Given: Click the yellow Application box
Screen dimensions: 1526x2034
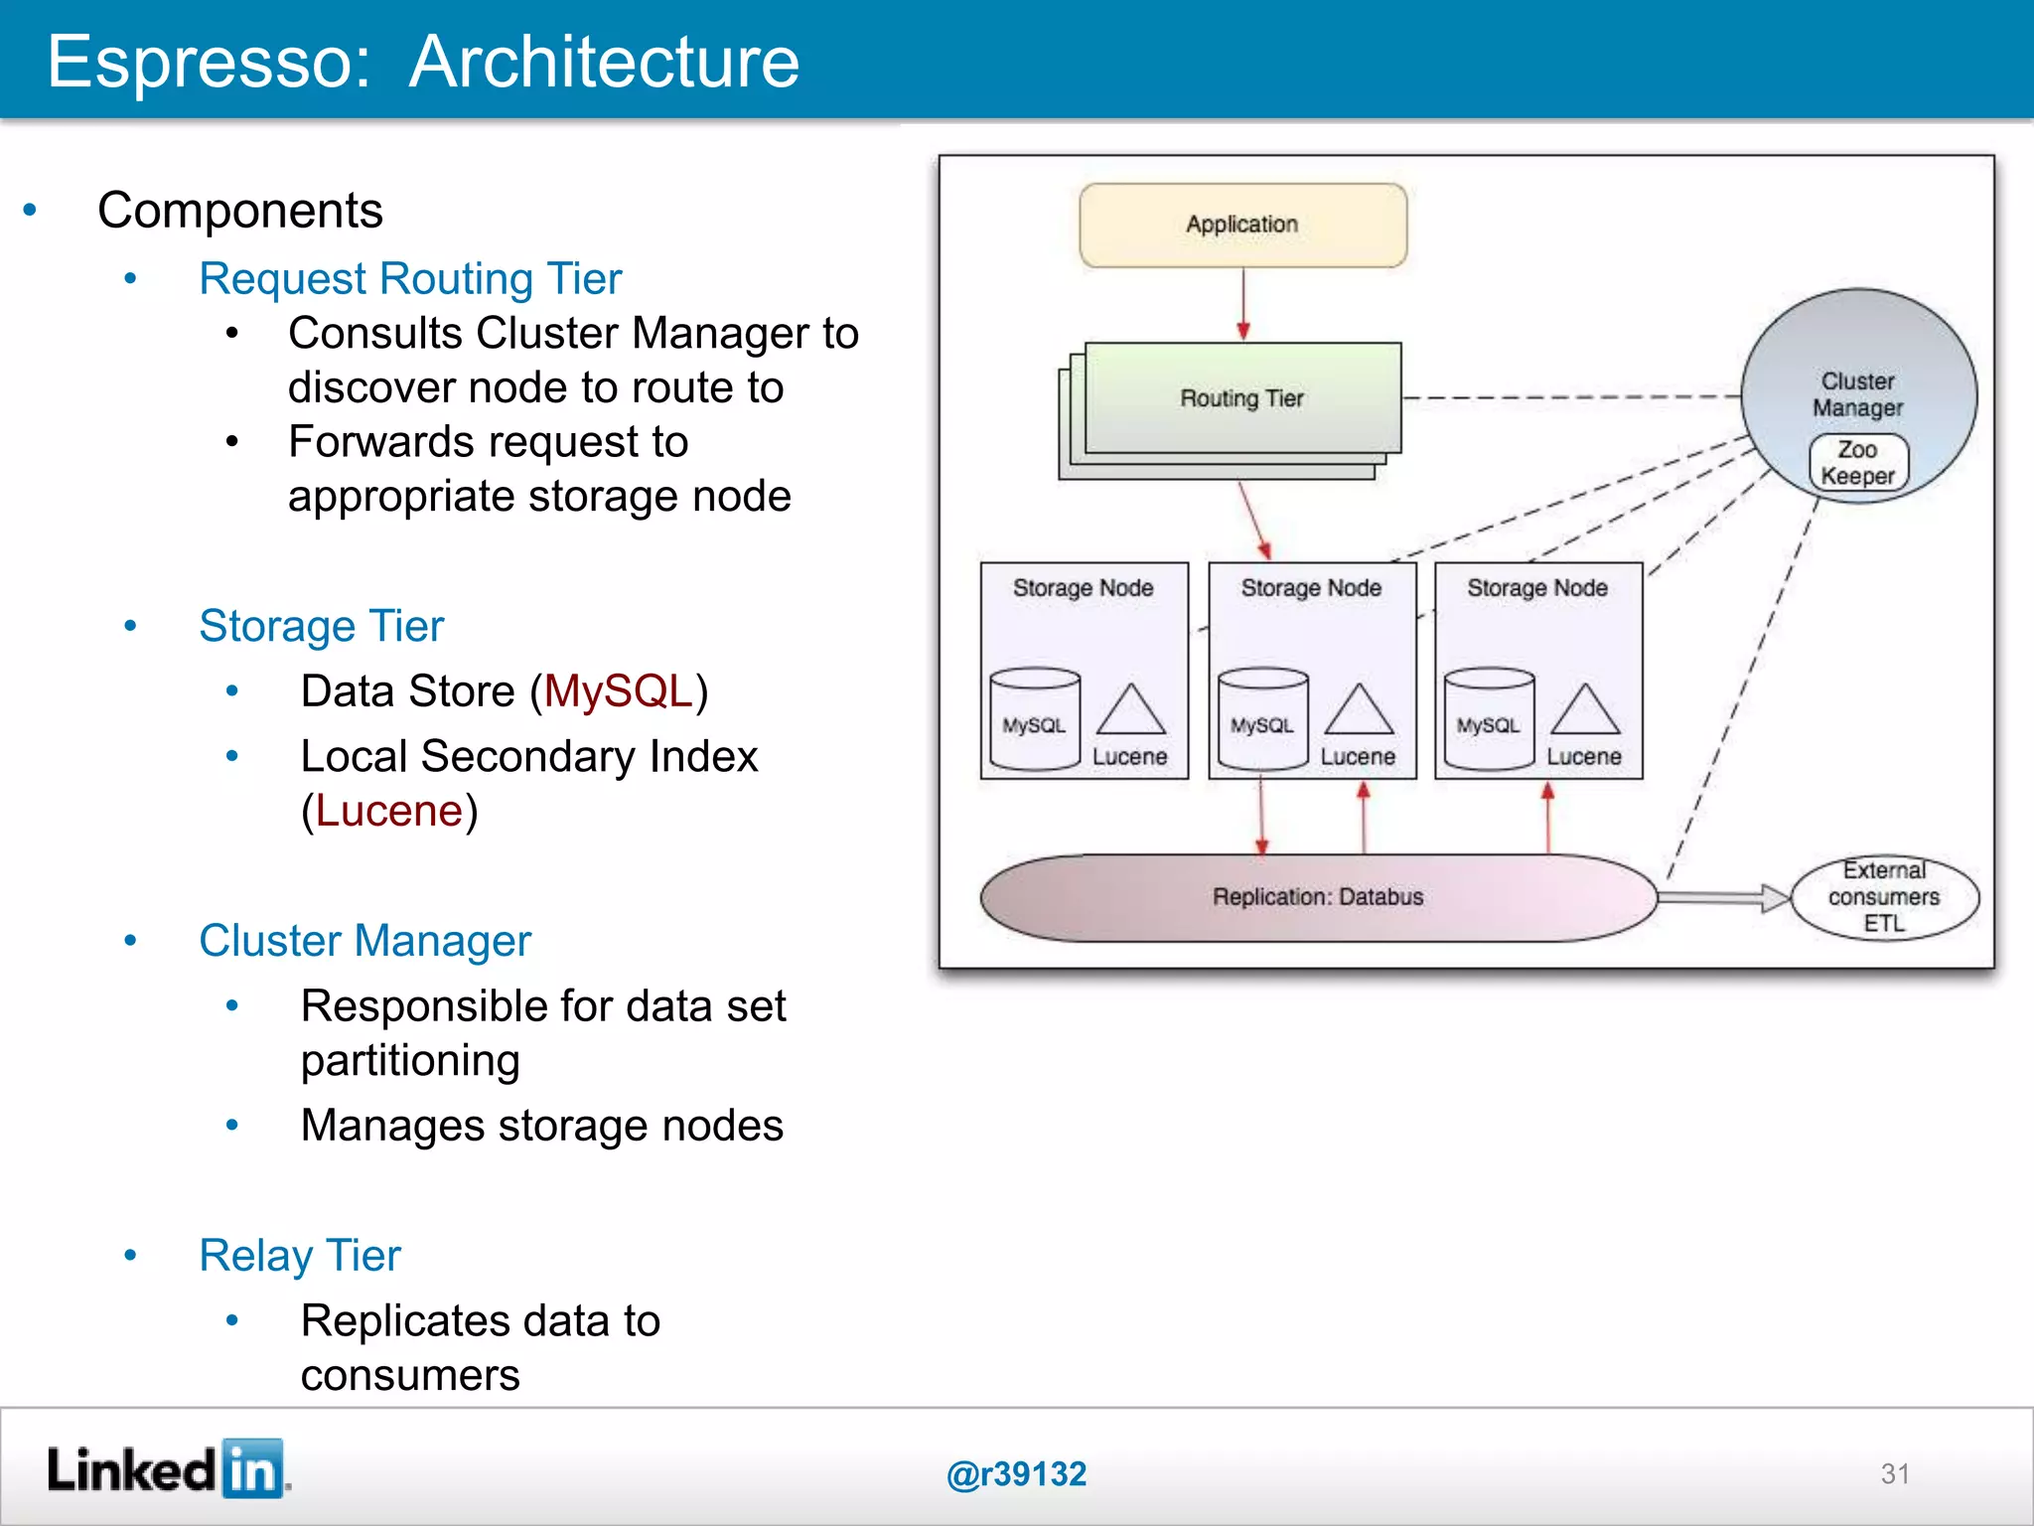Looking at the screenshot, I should click(x=1242, y=225).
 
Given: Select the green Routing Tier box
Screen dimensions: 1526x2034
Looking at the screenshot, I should click(x=1242, y=397).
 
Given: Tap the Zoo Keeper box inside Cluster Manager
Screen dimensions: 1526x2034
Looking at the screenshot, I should click(x=1857, y=463).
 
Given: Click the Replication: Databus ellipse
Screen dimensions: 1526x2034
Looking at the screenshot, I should click(x=1317, y=897).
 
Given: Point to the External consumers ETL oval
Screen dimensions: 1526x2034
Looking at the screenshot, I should click(x=1884, y=897).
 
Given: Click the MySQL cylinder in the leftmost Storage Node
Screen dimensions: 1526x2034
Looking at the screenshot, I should click(x=1034, y=720).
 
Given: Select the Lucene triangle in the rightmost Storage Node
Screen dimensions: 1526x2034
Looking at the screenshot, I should click(x=1585, y=711).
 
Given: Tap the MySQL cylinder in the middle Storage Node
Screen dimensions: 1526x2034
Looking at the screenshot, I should click(x=1262, y=720).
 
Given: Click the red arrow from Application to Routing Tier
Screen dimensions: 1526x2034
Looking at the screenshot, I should click(x=1242, y=304).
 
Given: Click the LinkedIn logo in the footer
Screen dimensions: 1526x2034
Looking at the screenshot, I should click(x=167, y=1469).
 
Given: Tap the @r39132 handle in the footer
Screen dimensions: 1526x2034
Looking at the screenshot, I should click(x=1016, y=1473).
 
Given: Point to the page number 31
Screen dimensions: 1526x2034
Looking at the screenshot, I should click(x=1894, y=1473).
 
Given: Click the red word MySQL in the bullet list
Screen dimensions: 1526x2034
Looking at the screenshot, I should click(x=618, y=691).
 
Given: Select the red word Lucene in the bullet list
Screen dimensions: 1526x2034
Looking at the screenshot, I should click(x=389, y=812).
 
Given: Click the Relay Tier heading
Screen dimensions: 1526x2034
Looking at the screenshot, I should click(x=300, y=1256).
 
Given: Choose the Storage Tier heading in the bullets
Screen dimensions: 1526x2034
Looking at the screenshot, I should click(x=321, y=626).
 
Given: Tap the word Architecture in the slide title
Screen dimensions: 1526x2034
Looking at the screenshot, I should click(x=604, y=62).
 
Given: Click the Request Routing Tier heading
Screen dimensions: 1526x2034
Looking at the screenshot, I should click(x=410, y=278).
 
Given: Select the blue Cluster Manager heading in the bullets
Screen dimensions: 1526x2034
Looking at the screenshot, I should click(x=364, y=941).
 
